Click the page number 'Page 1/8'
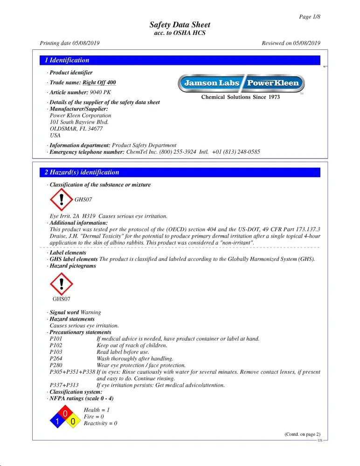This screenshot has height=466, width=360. click(310, 17)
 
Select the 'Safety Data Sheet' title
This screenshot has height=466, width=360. click(180, 25)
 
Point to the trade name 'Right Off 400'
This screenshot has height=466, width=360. click(99, 82)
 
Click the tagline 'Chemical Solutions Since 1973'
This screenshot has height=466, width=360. click(240, 97)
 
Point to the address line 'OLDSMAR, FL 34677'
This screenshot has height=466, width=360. click(76, 128)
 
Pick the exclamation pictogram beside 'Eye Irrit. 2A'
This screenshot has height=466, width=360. click(61, 200)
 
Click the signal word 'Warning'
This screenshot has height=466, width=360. click(91, 312)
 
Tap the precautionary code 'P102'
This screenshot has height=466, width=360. click(56, 345)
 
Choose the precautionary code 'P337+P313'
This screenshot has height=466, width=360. click(64, 385)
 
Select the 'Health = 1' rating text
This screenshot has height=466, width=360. click(97, 409)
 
